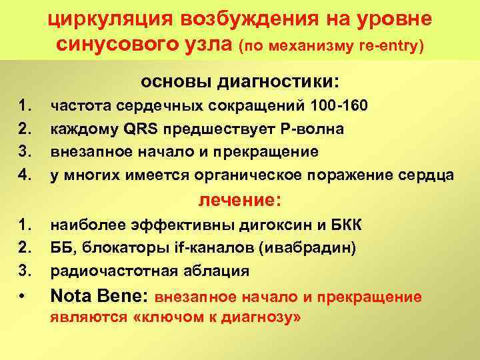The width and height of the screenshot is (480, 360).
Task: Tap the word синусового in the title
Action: point(117,45)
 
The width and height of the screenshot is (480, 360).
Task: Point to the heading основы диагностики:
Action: point(239,82)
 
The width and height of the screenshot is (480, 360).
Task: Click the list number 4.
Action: point(27,175)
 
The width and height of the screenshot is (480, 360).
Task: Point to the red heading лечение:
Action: point(241,200)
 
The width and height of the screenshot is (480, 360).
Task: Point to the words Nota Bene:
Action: point(100,295)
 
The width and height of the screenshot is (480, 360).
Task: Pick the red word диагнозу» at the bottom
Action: point(264,318)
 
